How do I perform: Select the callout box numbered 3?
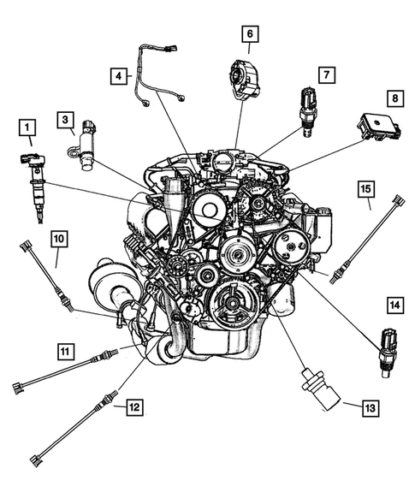pos(65,118)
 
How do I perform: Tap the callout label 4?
pos(117,76)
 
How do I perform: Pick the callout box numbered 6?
pos(250,34)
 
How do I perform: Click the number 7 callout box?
pos(326,74)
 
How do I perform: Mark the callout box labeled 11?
pos(65,349)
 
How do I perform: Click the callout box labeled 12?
pos(133,407)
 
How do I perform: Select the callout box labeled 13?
pos(370,408)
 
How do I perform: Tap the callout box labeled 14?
pos(394,304)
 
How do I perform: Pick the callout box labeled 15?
pos(366,187)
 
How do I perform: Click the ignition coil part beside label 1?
pos(35,175)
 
